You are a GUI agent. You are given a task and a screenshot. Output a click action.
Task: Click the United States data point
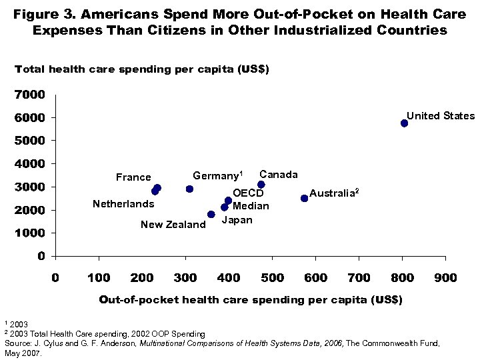coord(404,123)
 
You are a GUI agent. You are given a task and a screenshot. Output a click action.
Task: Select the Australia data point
coord(305,198)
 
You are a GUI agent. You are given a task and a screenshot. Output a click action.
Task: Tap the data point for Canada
coord(261,185)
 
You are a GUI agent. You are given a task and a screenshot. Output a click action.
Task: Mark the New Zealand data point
coord(211,215)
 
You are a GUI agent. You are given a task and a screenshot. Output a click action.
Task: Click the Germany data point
coord(189,189)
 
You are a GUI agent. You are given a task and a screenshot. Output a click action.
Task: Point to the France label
coord(133,177)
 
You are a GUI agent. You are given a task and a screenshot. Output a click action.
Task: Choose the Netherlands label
coord(123,204)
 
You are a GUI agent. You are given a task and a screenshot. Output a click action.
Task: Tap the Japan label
coord(237,220)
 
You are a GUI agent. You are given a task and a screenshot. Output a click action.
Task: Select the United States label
coord(441,116)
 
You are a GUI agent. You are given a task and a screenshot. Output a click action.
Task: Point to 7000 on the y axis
coord(30,95)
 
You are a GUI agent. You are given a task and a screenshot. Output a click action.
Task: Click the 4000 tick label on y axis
coord(30,164)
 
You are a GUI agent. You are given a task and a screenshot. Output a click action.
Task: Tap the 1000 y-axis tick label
coord(30,233)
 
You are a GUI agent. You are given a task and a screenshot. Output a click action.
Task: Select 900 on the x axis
coord(445,277)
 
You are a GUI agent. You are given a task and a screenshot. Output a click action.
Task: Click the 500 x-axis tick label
coord(272,277)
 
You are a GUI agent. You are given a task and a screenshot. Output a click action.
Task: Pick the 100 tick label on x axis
coord(99,277)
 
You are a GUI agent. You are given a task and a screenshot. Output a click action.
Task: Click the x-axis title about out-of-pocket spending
coord(251,300)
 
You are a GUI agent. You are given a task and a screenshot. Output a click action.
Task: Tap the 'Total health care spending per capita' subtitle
coord(142,69)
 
